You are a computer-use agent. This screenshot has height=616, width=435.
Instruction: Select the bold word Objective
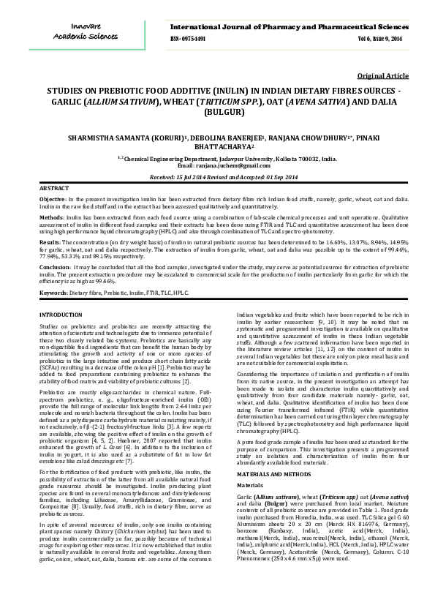52,199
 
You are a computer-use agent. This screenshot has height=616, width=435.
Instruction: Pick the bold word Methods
51,217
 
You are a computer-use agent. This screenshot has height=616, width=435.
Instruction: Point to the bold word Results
50,241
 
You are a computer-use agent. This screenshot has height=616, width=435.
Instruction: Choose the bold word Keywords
53,292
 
